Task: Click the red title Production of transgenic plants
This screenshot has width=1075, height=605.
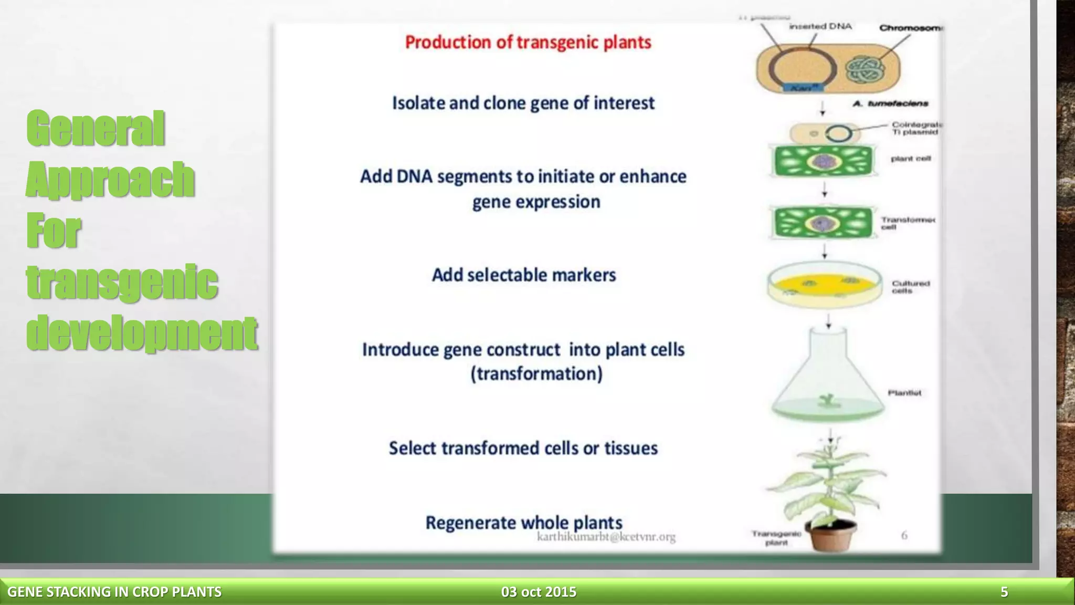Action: point(528,43)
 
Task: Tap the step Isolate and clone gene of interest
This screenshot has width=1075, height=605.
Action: point(523,103)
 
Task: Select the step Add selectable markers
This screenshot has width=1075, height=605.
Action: point(523,275)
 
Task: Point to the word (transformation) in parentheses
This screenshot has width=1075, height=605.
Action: point(536,374)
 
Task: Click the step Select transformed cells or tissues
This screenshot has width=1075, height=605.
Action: point(523,448)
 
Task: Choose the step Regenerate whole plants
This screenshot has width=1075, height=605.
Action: point(523,522)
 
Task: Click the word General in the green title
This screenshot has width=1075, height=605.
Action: point(96,129)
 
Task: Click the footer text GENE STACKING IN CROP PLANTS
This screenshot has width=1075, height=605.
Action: point(114,592)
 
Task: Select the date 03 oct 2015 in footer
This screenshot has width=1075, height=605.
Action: point(539,592)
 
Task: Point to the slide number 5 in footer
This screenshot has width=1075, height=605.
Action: point(1004,592)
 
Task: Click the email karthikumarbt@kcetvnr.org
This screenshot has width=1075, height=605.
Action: point(606,537)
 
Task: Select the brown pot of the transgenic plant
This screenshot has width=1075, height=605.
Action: point(831,536)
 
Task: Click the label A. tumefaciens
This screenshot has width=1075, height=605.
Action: point(890,103)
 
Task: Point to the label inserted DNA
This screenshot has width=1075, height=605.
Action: point(820,26)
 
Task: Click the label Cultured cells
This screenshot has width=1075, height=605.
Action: point(910,287)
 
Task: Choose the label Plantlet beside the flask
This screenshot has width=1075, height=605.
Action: point(904,393)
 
